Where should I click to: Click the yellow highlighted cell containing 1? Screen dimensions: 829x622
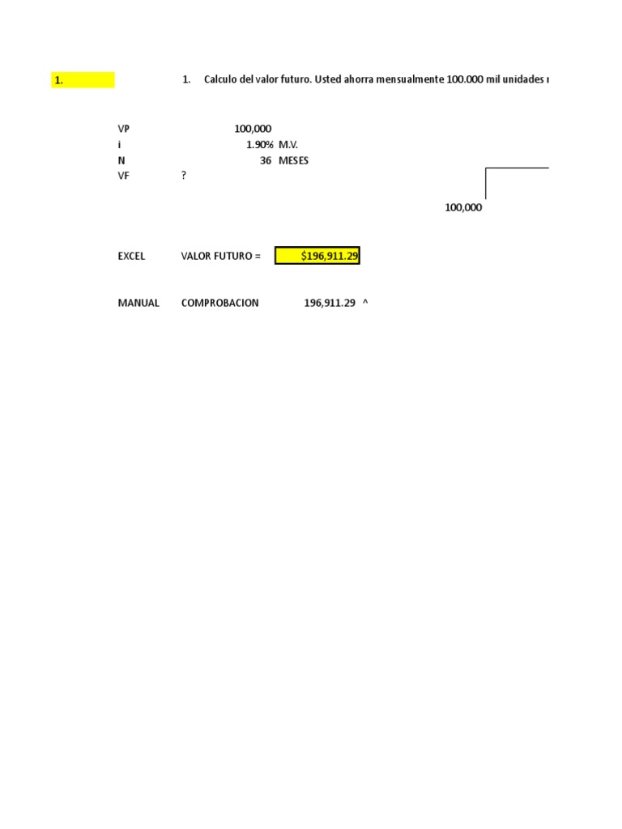click(x=83, y=80)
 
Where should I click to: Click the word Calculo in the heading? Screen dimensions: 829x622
click(x=222, y=79)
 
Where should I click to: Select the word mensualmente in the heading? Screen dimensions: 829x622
click(x=409, y=79)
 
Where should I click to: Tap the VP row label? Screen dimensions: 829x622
click(x=123, y=129)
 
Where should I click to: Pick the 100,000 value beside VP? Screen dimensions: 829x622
click(x=253, y=129)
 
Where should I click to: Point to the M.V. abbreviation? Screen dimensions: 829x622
click(x=289, y=144)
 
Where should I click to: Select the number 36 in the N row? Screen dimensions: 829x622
click(x=266, y=160)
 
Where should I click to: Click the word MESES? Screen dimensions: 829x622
click(x=293, y=160)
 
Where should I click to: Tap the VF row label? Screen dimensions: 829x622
click(x=123, y=176)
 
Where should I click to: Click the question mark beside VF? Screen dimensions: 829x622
click(x=184, y=176)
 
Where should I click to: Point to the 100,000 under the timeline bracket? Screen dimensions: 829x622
click(x=463, y=207)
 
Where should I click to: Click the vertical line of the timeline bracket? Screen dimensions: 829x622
click(x=486, y=183)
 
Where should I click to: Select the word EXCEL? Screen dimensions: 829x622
click(x=131, y=256)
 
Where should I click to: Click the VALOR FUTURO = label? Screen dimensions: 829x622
click(x=221, y=256)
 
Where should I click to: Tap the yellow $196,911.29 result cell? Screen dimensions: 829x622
click(x=317, y=256)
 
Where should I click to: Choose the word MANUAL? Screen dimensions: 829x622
click(x=138, y=303)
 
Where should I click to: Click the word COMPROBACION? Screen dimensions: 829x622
click(x=220, y=303)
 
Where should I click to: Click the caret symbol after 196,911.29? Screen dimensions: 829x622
click(x=365, y=302)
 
